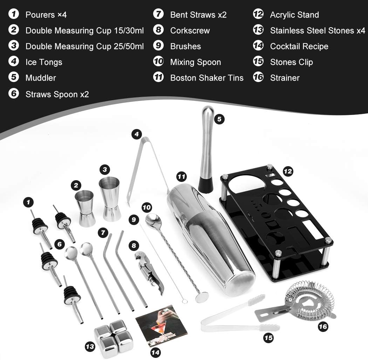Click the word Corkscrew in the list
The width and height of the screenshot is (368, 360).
tap(190, 30)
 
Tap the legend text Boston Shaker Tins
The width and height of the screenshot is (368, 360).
tap(206, 78)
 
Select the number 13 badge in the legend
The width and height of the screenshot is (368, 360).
tap(258, 30)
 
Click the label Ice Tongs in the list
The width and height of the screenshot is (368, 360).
tap(43, 62)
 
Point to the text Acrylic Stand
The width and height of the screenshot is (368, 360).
tap(294, 15)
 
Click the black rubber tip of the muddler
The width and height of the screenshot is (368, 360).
tap(205, 185)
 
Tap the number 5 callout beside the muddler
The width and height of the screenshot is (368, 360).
tap(219, 119)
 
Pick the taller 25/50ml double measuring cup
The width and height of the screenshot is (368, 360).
tap(110, 198)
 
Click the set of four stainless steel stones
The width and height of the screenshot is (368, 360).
tap(114, 337)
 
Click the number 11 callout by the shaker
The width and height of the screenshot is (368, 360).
tap(181, 177)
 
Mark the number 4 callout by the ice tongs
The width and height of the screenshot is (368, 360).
tap(137, 134)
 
